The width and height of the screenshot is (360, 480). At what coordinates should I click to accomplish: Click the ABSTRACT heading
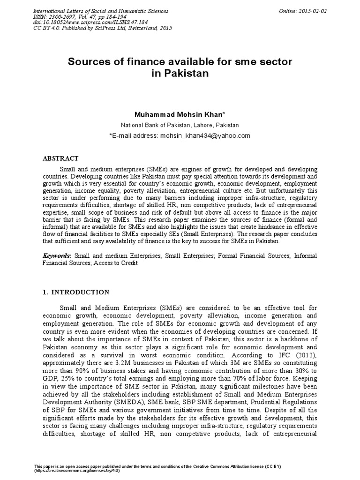tap(61, 158)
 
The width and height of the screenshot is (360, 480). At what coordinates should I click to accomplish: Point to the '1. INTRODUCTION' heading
tap(76, 292)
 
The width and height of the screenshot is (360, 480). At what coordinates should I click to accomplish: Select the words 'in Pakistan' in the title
tap(180, 74)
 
